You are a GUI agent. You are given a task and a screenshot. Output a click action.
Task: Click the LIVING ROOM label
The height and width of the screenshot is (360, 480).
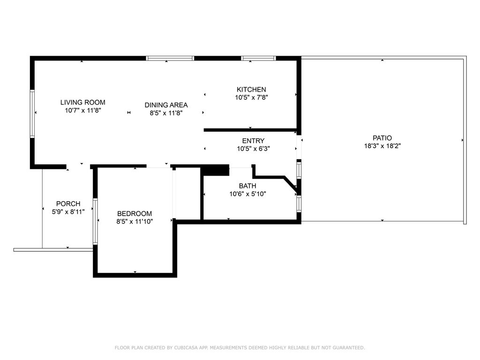[x=82, y=102]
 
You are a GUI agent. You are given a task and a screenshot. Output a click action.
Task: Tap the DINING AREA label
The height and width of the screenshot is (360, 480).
[x=166, y=105]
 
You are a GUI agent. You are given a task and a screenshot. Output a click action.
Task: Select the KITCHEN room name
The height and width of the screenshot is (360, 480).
[x=251, y=90]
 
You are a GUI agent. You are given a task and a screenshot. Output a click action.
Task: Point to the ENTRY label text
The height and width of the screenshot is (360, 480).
[x=253, y=141]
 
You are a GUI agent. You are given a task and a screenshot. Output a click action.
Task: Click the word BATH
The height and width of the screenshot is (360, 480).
[x=247, y=186]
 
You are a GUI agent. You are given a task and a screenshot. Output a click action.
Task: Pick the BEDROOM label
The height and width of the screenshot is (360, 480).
[x=135, y=214]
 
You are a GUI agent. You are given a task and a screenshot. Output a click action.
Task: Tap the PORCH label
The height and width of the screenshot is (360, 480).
[x=68, y=203]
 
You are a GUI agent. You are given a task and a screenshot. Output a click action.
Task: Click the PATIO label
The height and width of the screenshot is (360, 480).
[x=382, y=138]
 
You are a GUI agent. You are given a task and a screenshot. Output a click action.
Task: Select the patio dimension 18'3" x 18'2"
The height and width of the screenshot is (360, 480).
[x=382, y=146]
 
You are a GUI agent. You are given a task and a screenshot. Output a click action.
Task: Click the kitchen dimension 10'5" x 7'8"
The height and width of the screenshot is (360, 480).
[x=252, y=97]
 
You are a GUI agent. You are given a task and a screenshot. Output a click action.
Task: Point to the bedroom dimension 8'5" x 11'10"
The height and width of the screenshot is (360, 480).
[x=135, y=222]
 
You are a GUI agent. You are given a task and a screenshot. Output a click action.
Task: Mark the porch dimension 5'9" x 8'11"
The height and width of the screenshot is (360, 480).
[x=68, y=211]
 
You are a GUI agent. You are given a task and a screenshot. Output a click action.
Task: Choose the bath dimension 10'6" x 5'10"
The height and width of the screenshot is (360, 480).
[x=247, y=194]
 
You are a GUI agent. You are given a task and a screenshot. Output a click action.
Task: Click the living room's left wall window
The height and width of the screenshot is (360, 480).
[x=32, y=113]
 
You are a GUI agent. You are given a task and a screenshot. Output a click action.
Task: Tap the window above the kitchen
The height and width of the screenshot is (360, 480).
[x=258, y=58]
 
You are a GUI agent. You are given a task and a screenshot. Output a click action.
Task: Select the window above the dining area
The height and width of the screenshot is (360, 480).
[x=170, y=58]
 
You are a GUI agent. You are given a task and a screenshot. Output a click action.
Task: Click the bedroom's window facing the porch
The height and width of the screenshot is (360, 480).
[x=95, y=221]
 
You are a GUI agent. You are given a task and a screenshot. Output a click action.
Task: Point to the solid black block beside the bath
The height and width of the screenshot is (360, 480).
[x=216, y=170]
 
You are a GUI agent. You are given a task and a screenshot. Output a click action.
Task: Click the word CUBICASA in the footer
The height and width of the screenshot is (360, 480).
[x=186, y=347]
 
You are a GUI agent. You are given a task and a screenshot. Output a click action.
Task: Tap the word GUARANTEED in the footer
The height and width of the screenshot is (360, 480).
[x=349, y=347]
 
